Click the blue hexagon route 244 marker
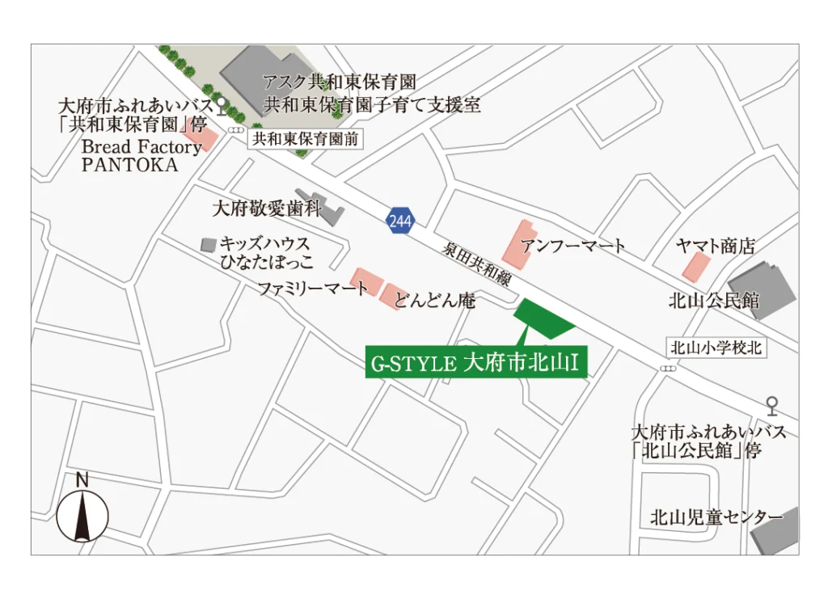(x=399, y=220)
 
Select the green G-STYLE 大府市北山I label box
(x=475, y=364)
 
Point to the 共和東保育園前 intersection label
(x=305, y=139)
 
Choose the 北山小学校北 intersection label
(x=716, y=348)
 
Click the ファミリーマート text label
(x=312, y=288)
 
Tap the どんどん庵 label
(x=435, y=302)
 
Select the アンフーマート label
(x=572, y=246)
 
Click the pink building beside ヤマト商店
(x=695, y=266)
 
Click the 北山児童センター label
(x=716, y=517)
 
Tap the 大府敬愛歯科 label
(x=266, y=209)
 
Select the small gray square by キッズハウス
(x=209, y=243)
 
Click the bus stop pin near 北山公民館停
(x=772, y=406)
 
